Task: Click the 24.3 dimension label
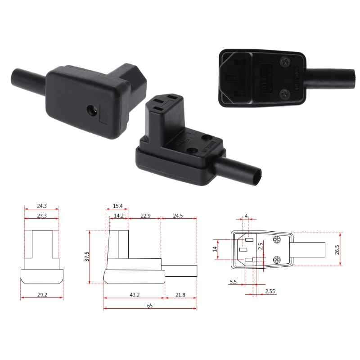41,206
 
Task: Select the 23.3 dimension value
41,216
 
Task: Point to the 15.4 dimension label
117,206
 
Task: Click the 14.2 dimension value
118,216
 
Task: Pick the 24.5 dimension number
178,216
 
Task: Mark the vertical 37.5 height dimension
87,256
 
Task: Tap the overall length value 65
150,306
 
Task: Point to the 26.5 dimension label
337,249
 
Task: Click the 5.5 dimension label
233,282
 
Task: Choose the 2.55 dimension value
270,292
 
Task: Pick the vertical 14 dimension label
215,248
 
